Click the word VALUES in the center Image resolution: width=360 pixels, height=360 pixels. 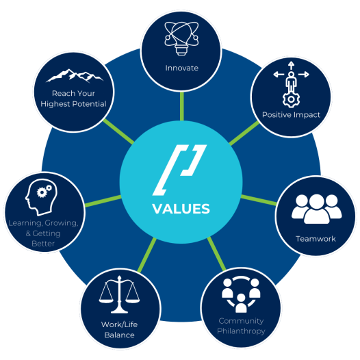coord(181,209)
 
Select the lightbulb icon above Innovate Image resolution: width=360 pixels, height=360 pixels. coord(181,38)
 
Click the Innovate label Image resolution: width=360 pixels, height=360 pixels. coord(181,68)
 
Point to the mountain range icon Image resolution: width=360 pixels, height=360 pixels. coord(75,75)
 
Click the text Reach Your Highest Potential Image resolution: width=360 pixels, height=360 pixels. coord(73,99)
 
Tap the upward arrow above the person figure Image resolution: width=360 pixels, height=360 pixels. coord(291,66)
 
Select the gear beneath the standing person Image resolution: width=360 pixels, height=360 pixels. coord(291,99)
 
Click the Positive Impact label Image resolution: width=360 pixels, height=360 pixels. coord(291,114)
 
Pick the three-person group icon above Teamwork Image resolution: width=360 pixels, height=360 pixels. coord(317,209)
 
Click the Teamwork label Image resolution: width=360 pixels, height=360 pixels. coord(316,239)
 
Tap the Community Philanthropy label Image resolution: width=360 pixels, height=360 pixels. coord(241,326)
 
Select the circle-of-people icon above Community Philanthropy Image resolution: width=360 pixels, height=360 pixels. coord(241,294)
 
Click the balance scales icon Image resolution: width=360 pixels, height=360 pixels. coord(119,294)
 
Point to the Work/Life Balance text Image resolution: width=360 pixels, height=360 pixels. coord(119,330)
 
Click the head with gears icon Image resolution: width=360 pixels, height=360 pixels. coord(41,197)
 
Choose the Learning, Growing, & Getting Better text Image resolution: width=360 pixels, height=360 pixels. coord(43,233)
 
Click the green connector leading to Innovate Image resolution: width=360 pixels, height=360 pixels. coord(182,106)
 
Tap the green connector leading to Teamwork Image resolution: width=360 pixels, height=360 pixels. coord(259,200)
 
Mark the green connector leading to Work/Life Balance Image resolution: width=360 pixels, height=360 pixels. coord(147,255)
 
